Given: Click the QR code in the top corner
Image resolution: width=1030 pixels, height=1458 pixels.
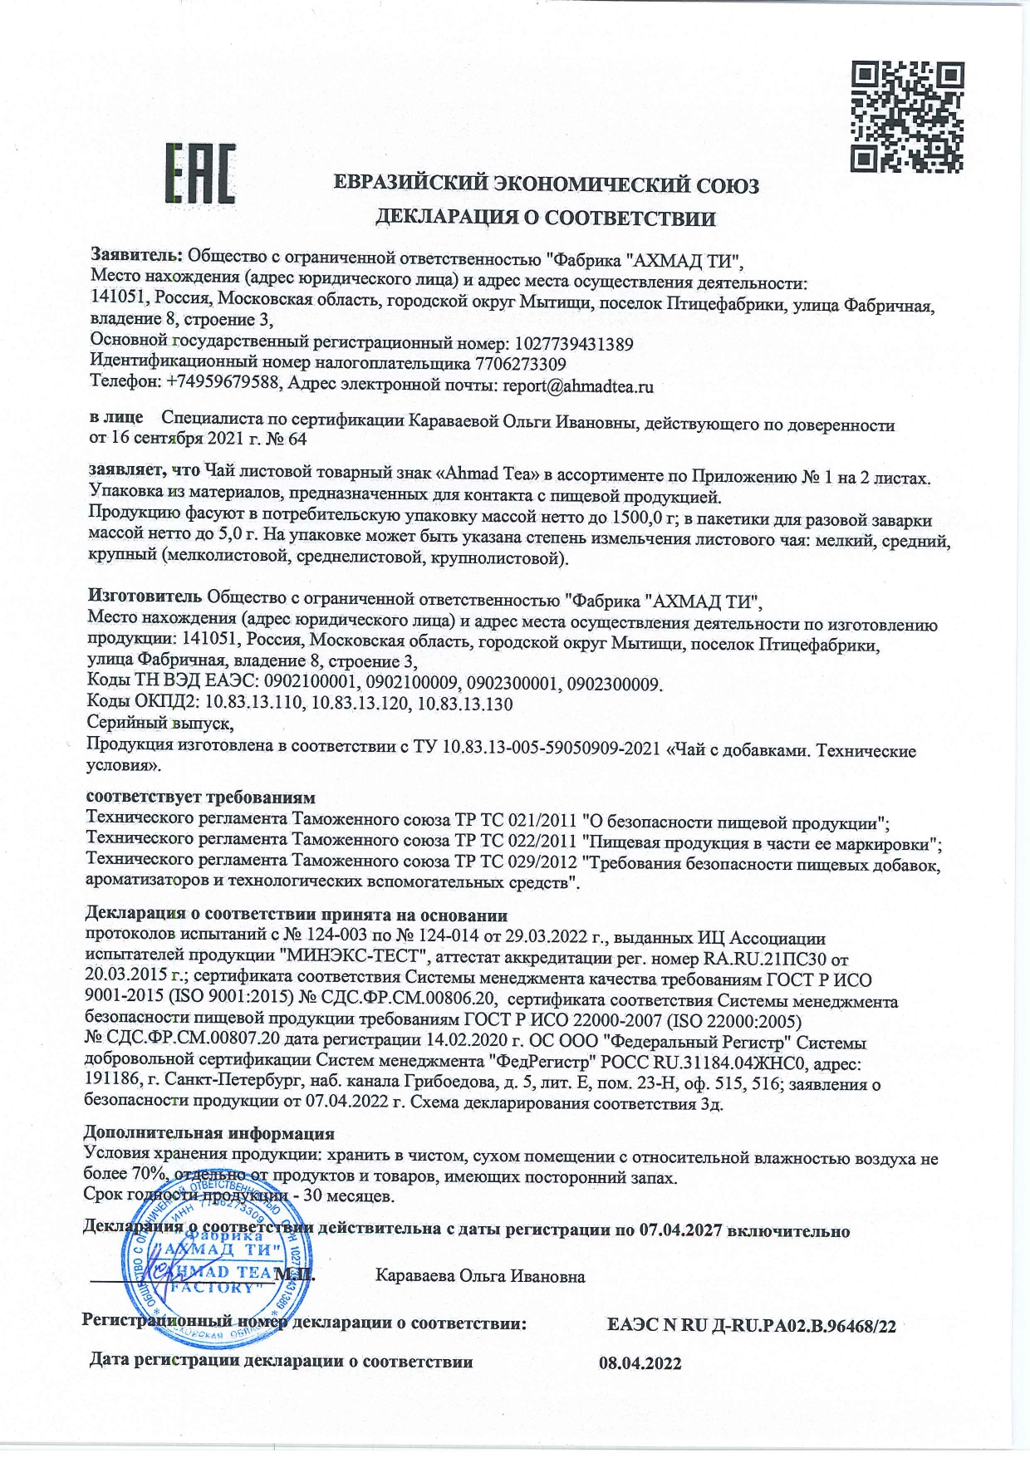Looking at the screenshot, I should tap(908, 116).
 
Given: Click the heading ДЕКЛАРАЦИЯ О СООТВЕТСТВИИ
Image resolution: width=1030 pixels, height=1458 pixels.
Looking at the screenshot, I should tap(546, 218).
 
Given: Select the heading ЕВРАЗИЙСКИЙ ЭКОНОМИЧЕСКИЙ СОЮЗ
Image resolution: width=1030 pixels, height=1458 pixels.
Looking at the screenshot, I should tap(546, 184).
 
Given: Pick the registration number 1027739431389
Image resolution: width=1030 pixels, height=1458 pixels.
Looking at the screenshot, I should tap(575, 343).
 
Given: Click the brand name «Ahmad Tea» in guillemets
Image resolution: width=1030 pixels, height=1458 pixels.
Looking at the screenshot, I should tap(493, 474).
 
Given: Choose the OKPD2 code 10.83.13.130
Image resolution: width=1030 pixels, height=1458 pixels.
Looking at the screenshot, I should tap(465, 704).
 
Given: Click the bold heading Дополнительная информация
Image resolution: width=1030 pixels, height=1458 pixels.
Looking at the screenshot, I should tap(210, 1133).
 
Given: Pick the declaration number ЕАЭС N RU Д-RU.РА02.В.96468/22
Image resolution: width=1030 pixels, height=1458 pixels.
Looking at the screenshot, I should tap(753, 1326).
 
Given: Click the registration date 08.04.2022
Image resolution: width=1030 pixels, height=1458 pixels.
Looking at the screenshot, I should tap(640, 1363).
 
